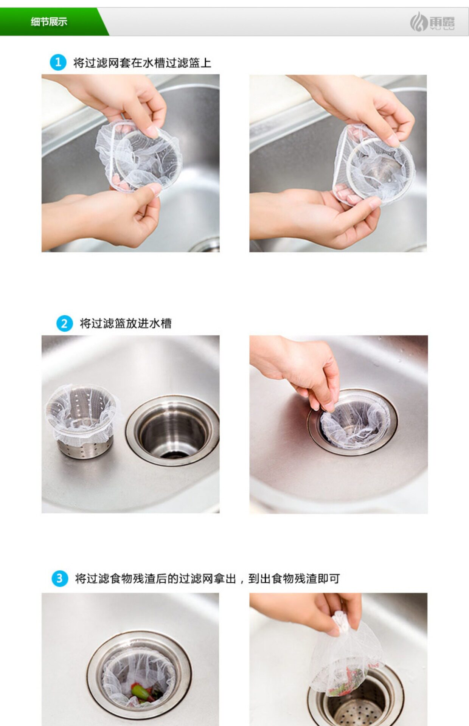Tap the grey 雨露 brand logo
pos(432,22)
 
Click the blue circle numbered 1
pos(58,62)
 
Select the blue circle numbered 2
pos(64,323)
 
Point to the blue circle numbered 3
pos(59,579)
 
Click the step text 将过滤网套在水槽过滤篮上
pos(142,62)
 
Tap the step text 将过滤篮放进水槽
pos(126,323)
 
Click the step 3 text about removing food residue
pos(207,579)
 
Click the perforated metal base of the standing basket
pos(85,448)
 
